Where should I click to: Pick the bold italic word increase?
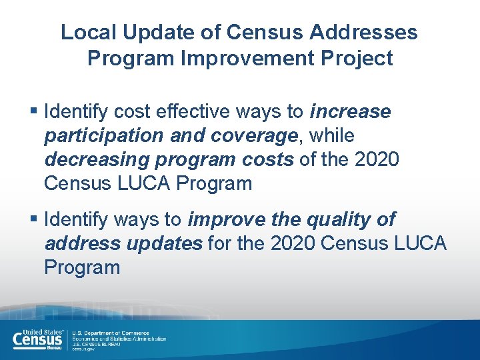(350, 111)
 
